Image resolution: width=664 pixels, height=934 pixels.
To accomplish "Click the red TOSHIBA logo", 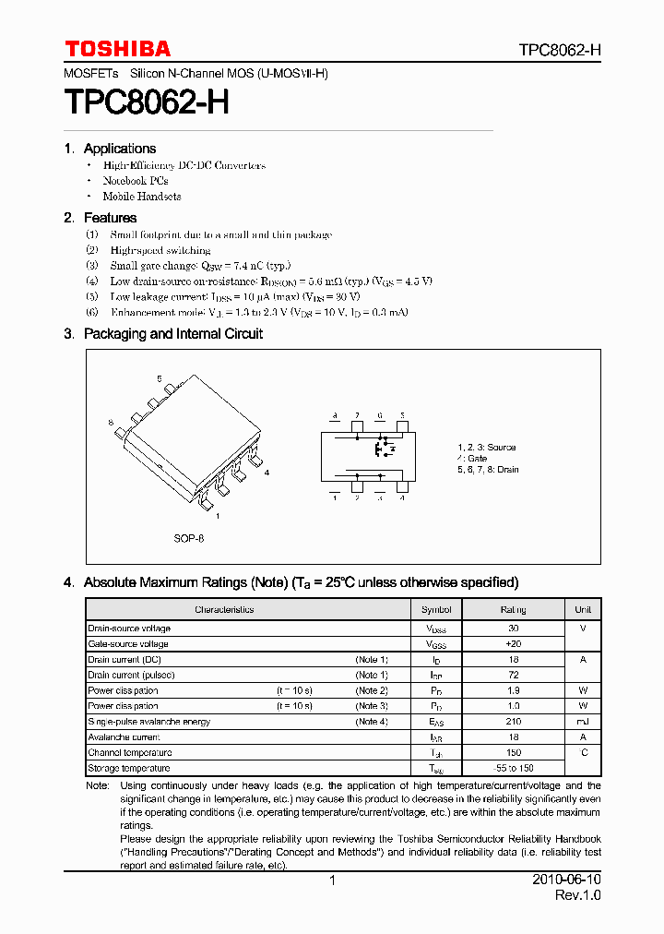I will pos(117,49).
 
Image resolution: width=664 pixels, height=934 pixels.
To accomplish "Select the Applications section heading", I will pos(119,149).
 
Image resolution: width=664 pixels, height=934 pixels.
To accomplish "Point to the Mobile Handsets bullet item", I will pos(141,197).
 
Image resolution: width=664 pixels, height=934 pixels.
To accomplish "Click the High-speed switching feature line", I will pos(160,250).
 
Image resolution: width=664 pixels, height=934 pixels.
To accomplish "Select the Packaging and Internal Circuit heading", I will pos(172,334).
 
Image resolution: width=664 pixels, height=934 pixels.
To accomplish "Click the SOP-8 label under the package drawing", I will pos(189,538).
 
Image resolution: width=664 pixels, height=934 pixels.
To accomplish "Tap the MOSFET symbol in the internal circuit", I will pos(382,449).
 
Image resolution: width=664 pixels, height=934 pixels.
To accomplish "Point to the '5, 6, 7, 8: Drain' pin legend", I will pos(488,470).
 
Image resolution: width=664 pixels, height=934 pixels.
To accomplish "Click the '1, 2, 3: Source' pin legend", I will pos(487,448).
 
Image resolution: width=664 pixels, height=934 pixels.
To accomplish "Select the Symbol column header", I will pos(436,610).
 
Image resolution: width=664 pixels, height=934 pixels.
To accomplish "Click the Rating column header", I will pos(513,610).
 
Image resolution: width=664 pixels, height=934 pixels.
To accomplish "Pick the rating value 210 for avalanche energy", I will pos(513,722).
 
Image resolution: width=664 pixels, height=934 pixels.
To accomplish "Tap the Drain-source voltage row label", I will pos(129,629).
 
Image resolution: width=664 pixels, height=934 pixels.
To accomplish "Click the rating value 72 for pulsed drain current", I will pos(513,676).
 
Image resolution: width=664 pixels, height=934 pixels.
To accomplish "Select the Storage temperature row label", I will pos(129,768).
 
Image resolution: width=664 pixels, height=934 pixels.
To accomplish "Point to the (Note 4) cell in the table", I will pos(372,722).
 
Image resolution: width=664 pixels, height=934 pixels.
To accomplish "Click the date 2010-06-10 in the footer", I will pos(566,880).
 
